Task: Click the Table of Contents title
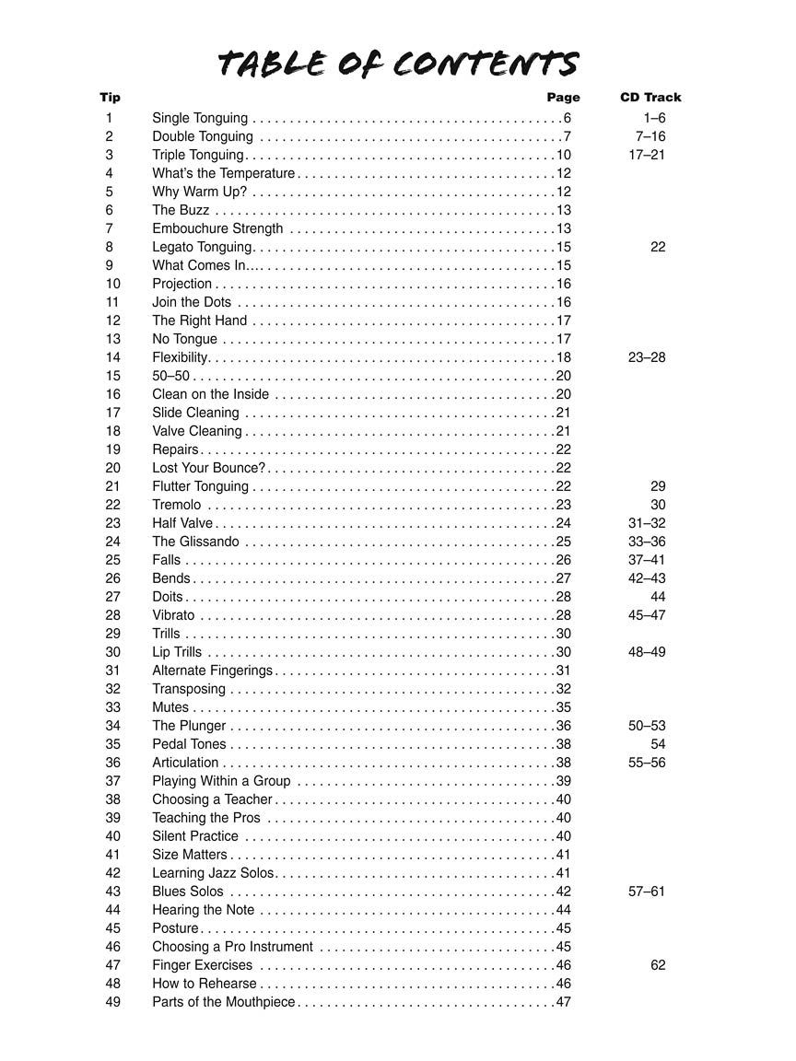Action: [x=398, y=64]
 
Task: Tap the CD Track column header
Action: [x=650, y=97]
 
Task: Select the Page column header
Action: [x=563, y=97]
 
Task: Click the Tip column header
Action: [x=110, y=97]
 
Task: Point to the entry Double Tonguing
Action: [x=203, y=136]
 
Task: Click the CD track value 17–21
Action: [x=647, y=155]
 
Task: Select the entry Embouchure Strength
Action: [x=217, y=228]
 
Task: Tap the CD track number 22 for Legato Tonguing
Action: [x=658, y=247]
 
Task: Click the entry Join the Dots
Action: [x=192, y=302]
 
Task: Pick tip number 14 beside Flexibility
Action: [x=113, y=357]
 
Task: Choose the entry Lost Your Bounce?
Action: [x=209, y=468]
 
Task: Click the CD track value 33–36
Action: [x=647, y=542]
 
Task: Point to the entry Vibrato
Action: [x=173, y=615]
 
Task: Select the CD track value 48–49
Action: [x=647, y=652]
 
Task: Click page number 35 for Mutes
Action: [x=564, y=707]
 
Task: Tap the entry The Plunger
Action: [x=189, y=726]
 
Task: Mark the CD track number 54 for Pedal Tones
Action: [x=658, y=744]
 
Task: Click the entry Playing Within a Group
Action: [x=221, y=781]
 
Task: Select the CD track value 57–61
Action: [x=647, y=892]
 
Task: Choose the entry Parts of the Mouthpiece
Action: [x=224, y=1002]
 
